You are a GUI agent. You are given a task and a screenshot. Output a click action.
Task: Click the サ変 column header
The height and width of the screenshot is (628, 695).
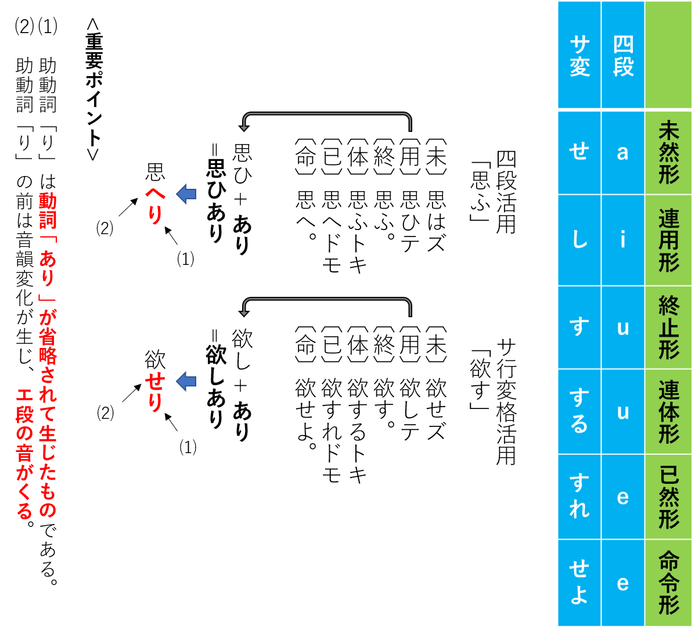coord(579,56)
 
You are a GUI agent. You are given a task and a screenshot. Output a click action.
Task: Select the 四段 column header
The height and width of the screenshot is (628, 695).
coord(622,56)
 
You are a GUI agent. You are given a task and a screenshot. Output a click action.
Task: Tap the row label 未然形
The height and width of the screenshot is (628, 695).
coord(668,152)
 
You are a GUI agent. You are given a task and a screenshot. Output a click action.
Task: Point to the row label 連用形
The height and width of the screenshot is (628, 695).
coord(668,240)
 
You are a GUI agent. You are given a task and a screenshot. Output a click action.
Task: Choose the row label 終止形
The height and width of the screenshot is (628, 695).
coord(668,327)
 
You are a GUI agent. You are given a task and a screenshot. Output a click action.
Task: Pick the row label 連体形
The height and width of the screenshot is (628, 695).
coord(668,411)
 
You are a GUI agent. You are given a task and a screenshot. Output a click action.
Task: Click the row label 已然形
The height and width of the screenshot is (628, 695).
coord(668,497)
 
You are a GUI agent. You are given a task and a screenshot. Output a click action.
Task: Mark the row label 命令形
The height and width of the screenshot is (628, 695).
coord(668,582)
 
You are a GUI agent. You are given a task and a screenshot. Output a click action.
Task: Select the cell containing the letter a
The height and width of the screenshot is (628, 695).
coord(622,152)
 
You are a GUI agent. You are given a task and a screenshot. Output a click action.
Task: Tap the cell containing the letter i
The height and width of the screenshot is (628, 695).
coord(622,240)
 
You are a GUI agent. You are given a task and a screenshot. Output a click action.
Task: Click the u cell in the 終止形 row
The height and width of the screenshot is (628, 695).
coord(622,327)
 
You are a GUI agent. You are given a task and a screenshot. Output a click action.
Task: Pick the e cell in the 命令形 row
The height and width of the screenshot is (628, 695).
coord(622,582)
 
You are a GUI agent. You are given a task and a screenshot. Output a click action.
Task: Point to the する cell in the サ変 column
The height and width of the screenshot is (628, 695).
coord(579,411)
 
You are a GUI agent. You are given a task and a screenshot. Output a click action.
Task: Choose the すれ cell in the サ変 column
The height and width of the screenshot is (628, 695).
coord(579,497)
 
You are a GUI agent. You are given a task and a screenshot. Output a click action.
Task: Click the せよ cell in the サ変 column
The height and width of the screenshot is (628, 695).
coord(579,582)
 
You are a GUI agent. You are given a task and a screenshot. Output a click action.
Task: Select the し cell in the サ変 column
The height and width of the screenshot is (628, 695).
coord(579,240)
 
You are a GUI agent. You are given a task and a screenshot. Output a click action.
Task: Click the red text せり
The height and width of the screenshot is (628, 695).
coord(154,393)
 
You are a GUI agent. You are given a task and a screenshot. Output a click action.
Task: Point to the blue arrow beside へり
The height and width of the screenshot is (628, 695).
coord(186,193)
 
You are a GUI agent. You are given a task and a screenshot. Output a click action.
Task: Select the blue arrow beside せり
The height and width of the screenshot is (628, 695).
coord(186,381)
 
